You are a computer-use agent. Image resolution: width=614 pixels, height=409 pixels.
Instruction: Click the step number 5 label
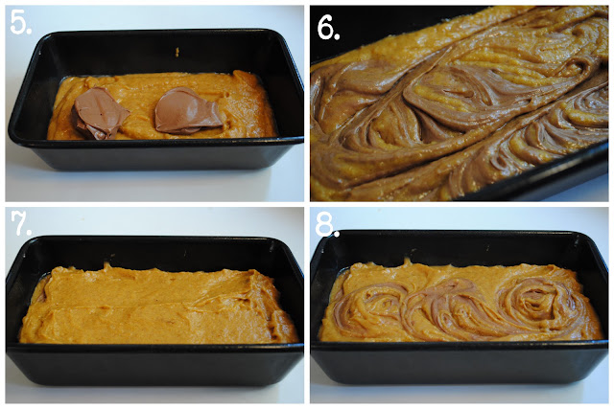[x=20, y=22]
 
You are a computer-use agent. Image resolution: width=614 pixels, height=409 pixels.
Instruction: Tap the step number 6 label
[x=328, y=28]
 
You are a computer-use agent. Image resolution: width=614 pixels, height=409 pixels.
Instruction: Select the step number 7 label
[x=21, y=223]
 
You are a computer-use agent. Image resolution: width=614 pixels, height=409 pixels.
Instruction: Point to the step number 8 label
[x=327, y=224]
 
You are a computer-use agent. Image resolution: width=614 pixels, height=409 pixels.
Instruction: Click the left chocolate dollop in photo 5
[x=101, y=113]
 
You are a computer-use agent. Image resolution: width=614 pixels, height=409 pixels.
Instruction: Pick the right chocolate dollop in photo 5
[x=187, y=111]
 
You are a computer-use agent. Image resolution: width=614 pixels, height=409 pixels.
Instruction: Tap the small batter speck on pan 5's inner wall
[x=177, y=52]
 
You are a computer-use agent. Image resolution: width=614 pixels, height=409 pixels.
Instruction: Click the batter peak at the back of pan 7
[x=106, y=266]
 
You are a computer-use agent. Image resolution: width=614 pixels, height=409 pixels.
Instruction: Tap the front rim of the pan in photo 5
[x=155, y=143]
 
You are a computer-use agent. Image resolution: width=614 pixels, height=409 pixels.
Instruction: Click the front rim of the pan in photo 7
[x=154, y=348]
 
